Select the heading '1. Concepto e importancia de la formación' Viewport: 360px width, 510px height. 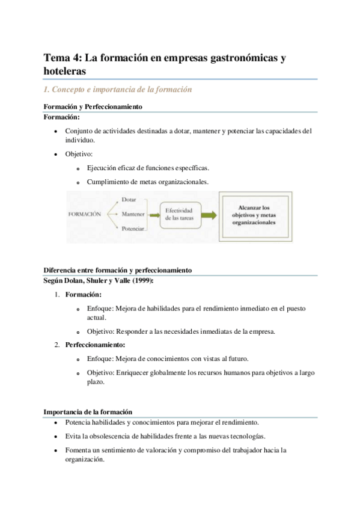tap(117, 90)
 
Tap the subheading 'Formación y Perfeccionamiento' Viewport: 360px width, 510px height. tap(93, 107)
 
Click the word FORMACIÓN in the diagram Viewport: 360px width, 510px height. tap(85, 214)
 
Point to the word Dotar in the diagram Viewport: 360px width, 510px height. tap(129, 198)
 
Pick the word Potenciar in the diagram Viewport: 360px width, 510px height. tap(133, 229)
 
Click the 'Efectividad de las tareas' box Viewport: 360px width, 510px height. tap(178, 215)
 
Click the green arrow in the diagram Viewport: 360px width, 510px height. tap(207, 214)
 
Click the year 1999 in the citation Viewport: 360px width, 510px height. tap(142, 280)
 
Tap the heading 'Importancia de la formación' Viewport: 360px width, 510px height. tap(88, 412)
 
